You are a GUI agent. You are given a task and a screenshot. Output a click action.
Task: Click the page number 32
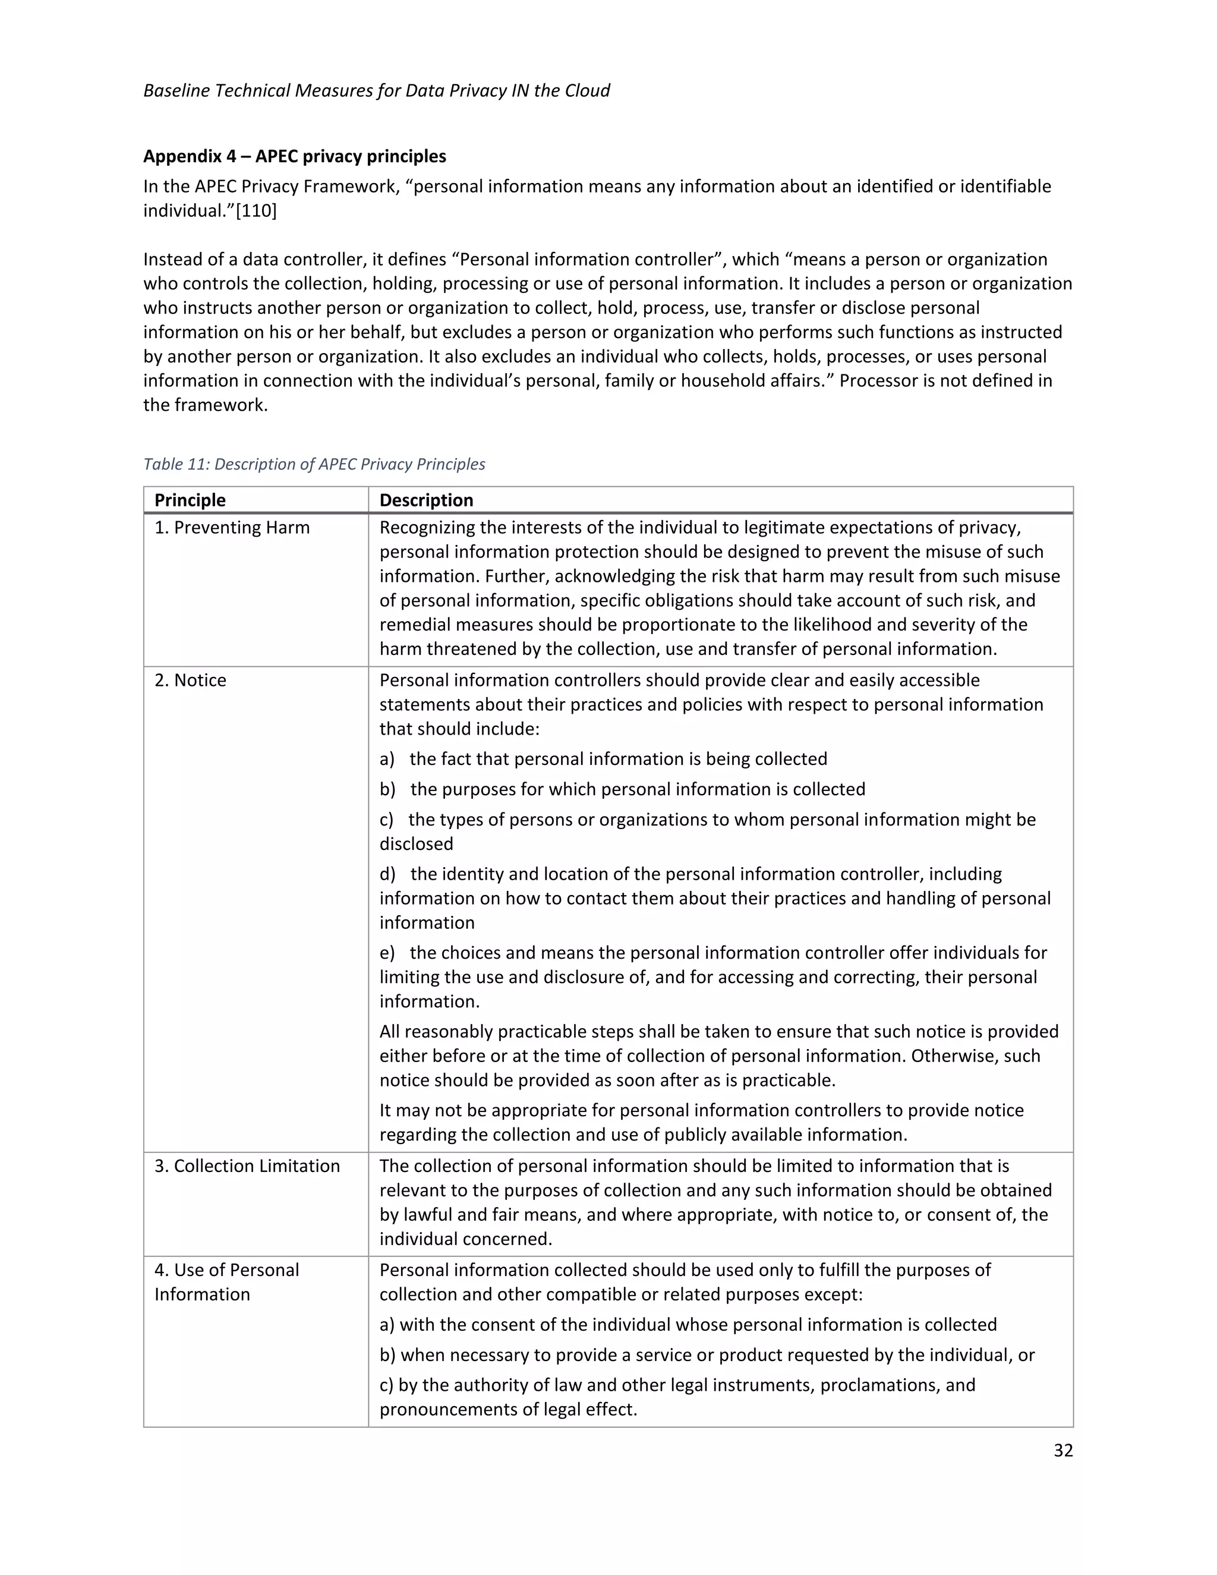click(x=1062, y=1450)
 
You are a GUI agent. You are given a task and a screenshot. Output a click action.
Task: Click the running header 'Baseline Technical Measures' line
click(x=376, y=90)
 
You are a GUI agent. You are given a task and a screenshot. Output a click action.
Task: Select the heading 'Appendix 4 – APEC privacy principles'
click(x=294, y=156)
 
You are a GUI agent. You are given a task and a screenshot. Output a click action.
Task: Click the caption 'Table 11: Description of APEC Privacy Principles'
click(x=314, y=464)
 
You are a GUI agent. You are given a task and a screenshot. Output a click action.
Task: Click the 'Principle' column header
click(x=190, y=500)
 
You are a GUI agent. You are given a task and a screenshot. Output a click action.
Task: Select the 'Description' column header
click(x=426, y=500)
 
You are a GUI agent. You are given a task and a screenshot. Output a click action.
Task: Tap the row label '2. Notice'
click(x=190, y=680)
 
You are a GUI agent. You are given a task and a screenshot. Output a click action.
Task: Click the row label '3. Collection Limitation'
click(x=247, y=1166)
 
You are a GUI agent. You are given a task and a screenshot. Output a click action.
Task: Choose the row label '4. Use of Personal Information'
click(x=226, y=1282)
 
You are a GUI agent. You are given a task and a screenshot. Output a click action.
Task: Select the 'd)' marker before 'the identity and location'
click(x=388, y=874)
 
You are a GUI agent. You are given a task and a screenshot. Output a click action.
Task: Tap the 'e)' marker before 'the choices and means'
click(x=387, y=953)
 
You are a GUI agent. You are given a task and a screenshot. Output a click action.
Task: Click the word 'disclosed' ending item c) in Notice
click(x=416, y=844)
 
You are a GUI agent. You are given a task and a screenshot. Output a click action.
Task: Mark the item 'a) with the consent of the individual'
click(x=688, y=1325)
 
